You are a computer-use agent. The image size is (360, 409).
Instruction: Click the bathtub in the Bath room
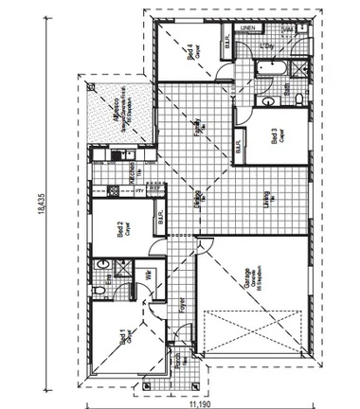[271, 68]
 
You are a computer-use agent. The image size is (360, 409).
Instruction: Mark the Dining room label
[198, 201]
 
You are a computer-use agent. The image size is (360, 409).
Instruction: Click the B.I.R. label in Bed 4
[228, 42]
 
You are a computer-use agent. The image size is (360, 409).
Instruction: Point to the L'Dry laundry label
[268, 45]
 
